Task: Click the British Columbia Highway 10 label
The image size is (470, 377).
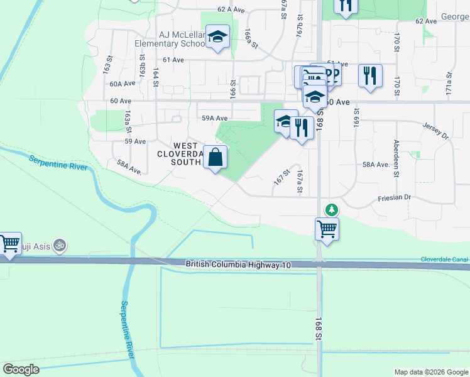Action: point(239,265)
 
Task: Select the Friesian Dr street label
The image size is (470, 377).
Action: point(394,197)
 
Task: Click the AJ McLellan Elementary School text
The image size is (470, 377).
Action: point(170,39)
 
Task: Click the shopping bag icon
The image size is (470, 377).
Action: point(215,157)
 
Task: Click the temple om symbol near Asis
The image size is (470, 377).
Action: point(60,244)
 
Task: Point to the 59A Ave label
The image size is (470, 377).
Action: point(214,117)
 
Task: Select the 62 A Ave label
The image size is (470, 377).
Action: point(231,9)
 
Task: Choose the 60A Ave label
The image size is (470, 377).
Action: point(122,84)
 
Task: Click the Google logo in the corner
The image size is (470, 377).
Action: point(21,369)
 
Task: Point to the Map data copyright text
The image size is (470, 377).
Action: point(430,372)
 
